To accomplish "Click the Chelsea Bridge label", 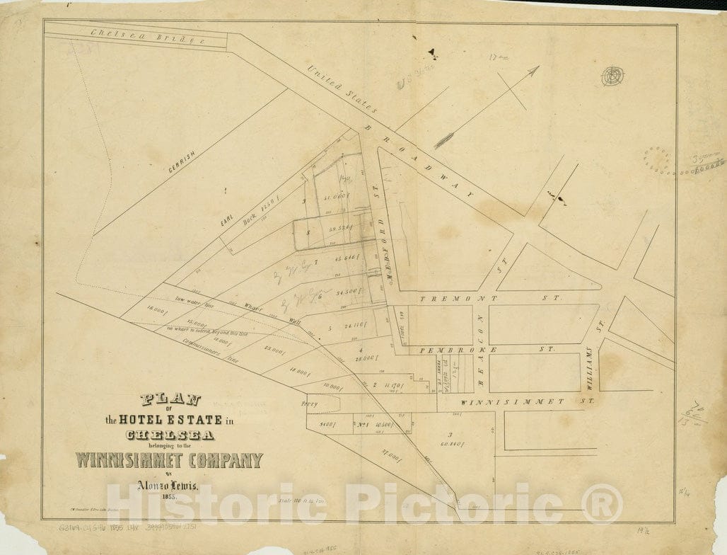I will [x=148, y=38].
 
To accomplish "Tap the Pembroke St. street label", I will [x=487, y=350].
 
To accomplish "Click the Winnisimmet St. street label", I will [x=524, y=401].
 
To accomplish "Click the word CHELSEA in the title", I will [x=170, y=435].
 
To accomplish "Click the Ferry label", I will [x=309, y=404].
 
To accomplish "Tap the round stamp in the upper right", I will [x=612, y=76].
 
